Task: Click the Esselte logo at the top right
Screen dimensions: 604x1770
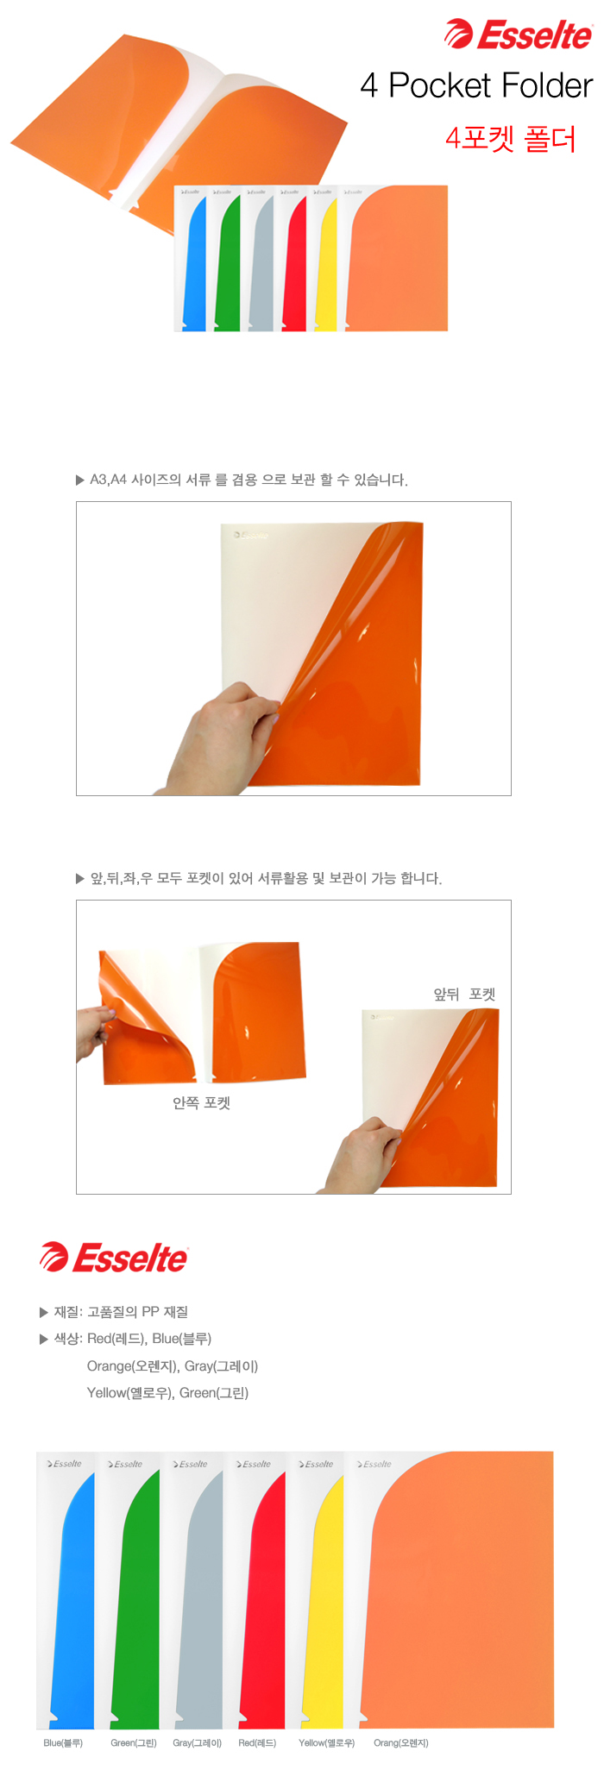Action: point(518,35)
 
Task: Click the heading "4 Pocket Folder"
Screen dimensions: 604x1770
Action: point(476,85)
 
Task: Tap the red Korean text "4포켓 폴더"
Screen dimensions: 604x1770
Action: point(511,138)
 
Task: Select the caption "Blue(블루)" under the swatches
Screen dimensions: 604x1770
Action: point(63,1742)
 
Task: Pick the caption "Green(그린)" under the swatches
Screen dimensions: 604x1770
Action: point(134,1742)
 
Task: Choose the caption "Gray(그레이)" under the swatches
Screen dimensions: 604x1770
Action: point(197,1742)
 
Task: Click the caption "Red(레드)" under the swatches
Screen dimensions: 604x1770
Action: point(257,1742)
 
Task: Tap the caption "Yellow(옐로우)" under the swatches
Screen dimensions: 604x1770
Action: point(326,1742)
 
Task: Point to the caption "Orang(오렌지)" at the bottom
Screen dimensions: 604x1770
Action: point(400,1742)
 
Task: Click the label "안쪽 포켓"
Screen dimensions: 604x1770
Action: point(201,1102)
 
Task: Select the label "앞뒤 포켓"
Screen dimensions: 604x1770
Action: point(464,994)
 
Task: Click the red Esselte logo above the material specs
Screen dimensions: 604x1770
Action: point(113,1258)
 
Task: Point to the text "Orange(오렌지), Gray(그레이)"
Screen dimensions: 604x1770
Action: point(173,1365)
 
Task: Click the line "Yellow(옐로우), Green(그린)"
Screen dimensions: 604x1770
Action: point(167,1392)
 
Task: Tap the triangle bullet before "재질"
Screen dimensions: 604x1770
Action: point(44,1312)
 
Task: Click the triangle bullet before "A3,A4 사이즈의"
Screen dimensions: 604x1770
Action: point(80,480)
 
